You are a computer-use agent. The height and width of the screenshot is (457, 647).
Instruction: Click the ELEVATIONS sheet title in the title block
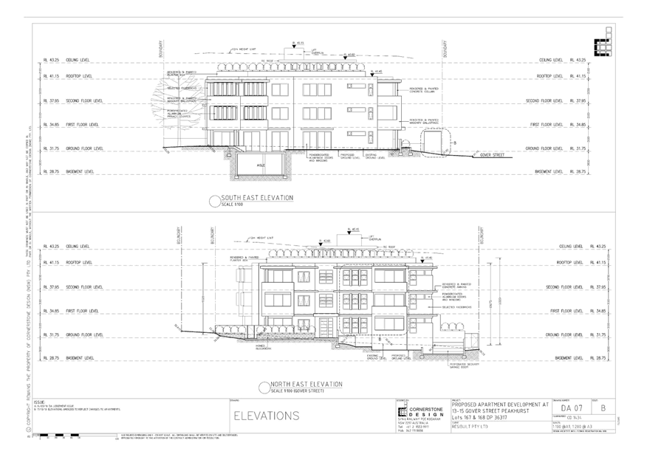point(266,415)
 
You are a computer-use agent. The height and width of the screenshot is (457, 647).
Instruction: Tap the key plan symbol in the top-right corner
point(603,47)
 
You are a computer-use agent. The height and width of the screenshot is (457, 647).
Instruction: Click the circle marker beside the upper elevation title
point(215,199)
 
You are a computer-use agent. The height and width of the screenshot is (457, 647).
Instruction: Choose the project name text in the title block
point(499,408)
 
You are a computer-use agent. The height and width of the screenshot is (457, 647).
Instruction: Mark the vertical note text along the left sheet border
point(30,281)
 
